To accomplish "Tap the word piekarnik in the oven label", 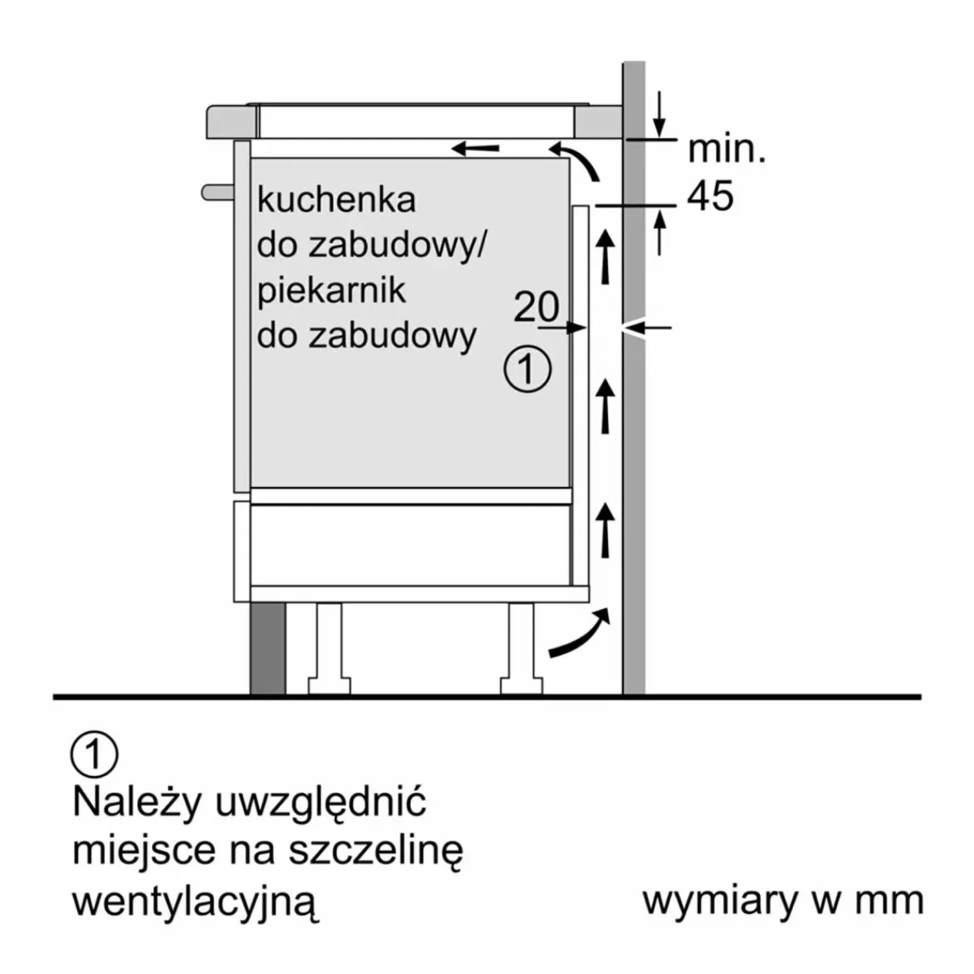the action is click(331, 291).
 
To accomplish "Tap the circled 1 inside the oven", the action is click(527, 368).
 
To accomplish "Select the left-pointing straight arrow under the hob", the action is click(475, 148).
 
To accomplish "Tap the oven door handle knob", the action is click(218, 192).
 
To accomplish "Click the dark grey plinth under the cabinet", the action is click(268, 648).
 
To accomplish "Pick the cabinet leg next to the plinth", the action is click(329, 648).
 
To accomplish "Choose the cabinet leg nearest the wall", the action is click(521, 648).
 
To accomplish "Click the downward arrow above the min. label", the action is click(659, 114).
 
